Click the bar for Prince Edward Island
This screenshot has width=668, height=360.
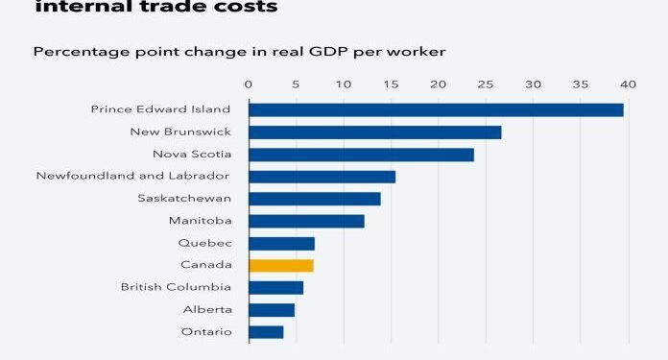coord(436,109)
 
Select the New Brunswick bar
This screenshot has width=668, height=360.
coord(374,132)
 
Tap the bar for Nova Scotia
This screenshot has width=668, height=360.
coord(361,155)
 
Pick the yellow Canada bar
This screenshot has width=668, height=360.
coord(281,265)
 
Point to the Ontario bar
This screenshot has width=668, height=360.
coord(266,332)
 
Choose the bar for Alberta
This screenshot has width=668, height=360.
coord(272,310)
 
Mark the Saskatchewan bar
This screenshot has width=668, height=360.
coord(315,199)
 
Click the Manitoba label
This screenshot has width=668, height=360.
coord(200,221)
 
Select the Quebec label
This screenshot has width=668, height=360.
coord(204,243)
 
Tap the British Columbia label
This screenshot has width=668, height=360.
coord(176,287)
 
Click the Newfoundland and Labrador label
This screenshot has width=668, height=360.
coord(133,176)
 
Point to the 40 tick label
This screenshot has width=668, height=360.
coord(629,84)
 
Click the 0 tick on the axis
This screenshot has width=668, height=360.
coord(249,84)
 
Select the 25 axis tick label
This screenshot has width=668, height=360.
coord(486,84)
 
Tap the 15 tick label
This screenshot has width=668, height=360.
coord(391,84)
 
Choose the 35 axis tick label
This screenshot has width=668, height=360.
coord(581,84)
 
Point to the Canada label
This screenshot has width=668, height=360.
coord(205,265)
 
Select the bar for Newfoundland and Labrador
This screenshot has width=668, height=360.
coord(322,177)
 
